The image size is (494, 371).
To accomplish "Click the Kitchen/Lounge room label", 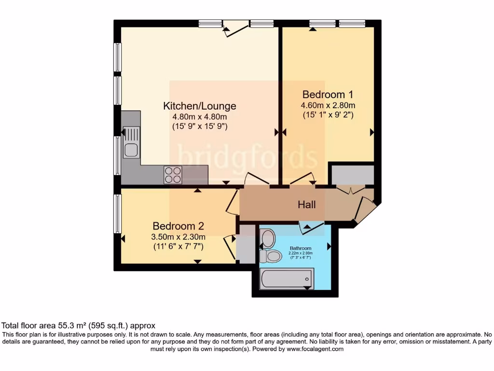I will pyautogui.click(x=200, y=106).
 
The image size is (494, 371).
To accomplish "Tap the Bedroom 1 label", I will pyautogui.click(x=324, y=94).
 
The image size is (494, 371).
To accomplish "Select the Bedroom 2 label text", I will pyautogui.click(x=178, y=226).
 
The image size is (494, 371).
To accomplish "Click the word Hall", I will pyautogui.click(x=307, y=205).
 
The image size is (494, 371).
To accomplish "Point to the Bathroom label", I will pyautogui.click(x=301, y=249).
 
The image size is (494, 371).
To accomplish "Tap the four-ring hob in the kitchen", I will pyautogui.click(x=173, y=175).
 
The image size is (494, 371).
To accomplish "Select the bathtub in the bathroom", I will pyautogui.click(x=286, y=279).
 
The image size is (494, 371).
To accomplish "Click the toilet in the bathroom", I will pyautogui.click(x=270, y=256).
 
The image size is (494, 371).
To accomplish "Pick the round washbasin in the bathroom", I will pyautogui.click(x=268, y=238).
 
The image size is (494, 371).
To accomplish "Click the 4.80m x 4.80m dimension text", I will pyautogui.click(x=200, y=117).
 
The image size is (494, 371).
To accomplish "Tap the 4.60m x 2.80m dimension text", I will pyautogui.click(x=328, y=105).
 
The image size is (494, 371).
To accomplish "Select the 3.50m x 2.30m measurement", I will pyautogui.click(x=178, y=237).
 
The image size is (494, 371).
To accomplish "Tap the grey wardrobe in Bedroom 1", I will pyautogui.click(x=353, y=175).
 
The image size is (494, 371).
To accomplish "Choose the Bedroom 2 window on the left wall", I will pyautogui.click(x=117, y=214).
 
